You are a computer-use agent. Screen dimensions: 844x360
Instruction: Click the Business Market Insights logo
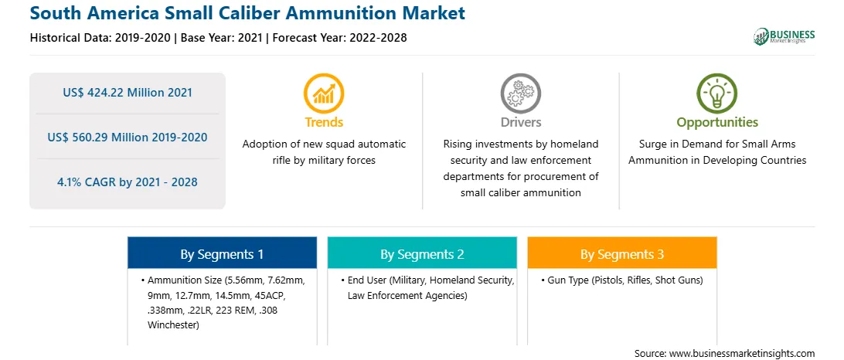point(784,36)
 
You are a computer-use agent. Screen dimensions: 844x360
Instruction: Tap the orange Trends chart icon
point(324,93)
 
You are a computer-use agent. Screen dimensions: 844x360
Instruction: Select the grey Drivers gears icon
point(520,93)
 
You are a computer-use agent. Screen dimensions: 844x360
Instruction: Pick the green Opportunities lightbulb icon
point(717,93)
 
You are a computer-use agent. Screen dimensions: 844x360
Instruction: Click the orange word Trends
point(324,122)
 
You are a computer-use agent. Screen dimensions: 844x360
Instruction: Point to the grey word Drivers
point(520,122)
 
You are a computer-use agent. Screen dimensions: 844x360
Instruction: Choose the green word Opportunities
point(717,123)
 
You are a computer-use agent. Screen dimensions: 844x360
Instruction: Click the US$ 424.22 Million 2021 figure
point(127,93)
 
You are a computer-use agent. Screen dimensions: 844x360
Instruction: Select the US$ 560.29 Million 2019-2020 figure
point(127,138)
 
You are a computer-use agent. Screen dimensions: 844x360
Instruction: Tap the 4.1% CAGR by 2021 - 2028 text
point(127,182)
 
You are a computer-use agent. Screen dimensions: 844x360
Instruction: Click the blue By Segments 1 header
point(222,254)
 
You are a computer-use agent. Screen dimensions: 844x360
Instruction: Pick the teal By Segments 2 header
point(422,254)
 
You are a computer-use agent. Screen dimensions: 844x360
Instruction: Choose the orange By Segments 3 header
point(622,254)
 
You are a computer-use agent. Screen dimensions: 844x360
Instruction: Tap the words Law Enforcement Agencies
point(407,295)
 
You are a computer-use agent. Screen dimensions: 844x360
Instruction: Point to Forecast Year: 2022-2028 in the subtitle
point(336,38)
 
